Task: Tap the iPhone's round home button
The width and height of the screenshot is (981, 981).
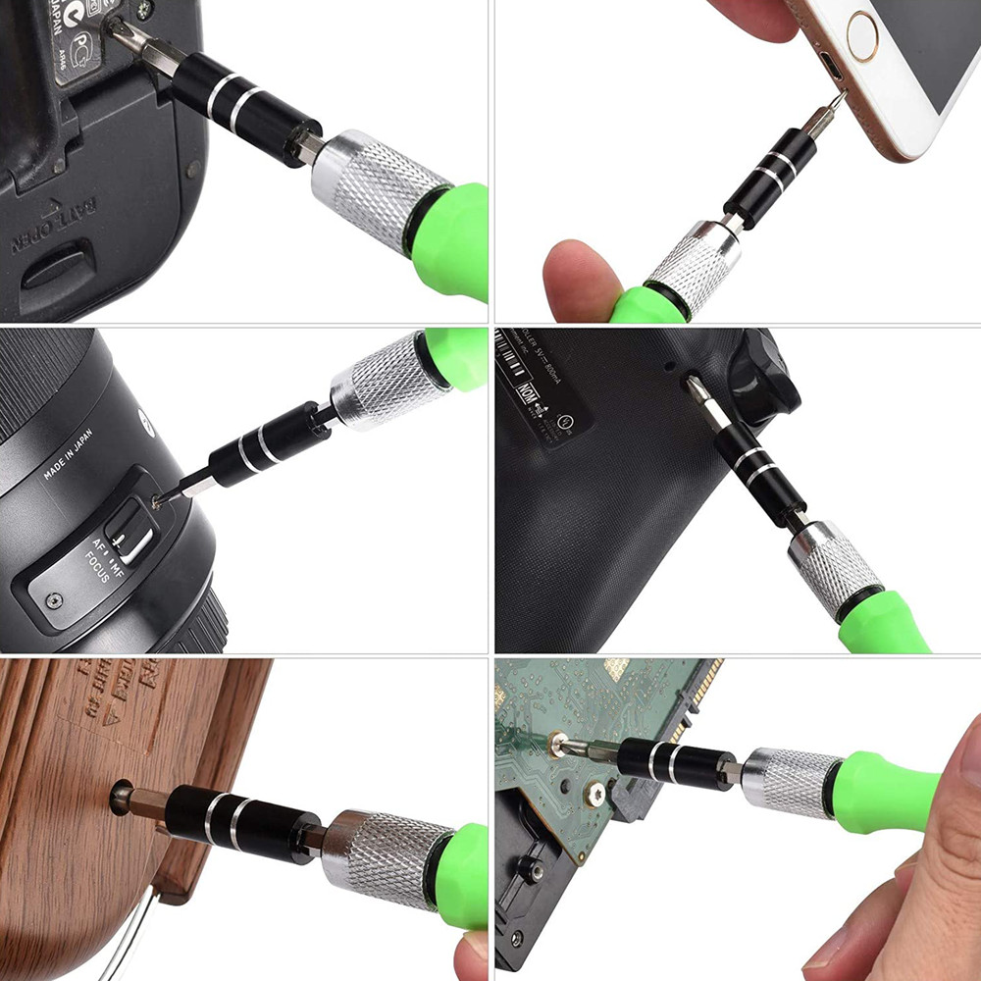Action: click(862, 37)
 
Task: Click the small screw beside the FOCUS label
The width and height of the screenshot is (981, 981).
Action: click(54, 597)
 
